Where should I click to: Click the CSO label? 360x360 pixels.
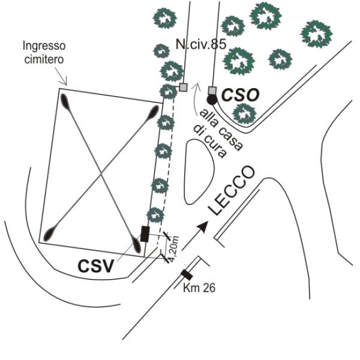[x=239, y=95]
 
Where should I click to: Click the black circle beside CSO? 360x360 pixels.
[x=211, y=100]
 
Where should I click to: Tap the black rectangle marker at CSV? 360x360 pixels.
[x=145, y=233]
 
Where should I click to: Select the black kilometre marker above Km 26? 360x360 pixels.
[x=187, y=275]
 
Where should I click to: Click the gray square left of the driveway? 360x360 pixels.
[x=183, y=87]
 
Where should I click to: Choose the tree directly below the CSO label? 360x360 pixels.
[x=244, y=112]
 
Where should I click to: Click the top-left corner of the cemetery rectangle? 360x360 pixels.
[x=59, y=89]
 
